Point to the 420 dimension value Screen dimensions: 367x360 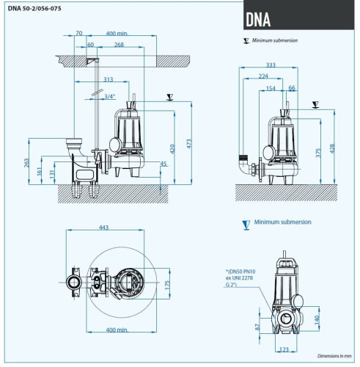(x=174, y=148)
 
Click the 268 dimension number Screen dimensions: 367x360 (x=119, y=44)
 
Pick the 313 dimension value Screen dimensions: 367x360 (x=108, y=79)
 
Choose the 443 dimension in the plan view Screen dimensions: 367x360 (x=104, y=228)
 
